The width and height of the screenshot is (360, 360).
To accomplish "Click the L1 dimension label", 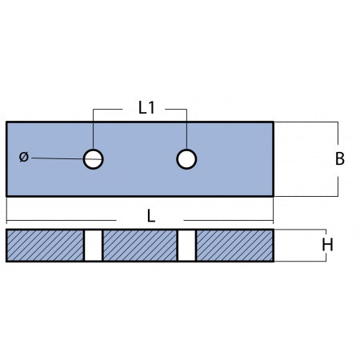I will [146, 108].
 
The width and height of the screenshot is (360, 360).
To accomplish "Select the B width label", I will [339, 158].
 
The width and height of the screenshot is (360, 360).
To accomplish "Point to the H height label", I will [326, 246].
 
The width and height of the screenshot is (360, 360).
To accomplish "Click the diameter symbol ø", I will [22, 157].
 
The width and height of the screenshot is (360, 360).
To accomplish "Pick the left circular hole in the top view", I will [94, 159].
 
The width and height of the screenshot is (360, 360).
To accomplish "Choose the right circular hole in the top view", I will [186, 159].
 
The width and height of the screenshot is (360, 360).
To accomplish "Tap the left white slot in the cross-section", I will [94, 246].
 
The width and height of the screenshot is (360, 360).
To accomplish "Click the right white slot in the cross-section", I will [186, 246].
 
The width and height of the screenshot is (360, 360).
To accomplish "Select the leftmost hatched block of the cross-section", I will [45, 246].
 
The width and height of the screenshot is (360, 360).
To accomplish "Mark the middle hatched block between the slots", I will [140, 246].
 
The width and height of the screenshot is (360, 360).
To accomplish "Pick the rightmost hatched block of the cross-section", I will [234, 246].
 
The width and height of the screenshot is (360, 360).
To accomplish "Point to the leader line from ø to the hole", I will [56, 158].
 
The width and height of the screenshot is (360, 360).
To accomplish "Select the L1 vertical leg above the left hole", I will [94, 128].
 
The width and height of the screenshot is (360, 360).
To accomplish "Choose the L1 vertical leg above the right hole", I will [186, 128].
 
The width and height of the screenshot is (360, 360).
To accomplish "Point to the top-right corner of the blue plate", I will [274, 122].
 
